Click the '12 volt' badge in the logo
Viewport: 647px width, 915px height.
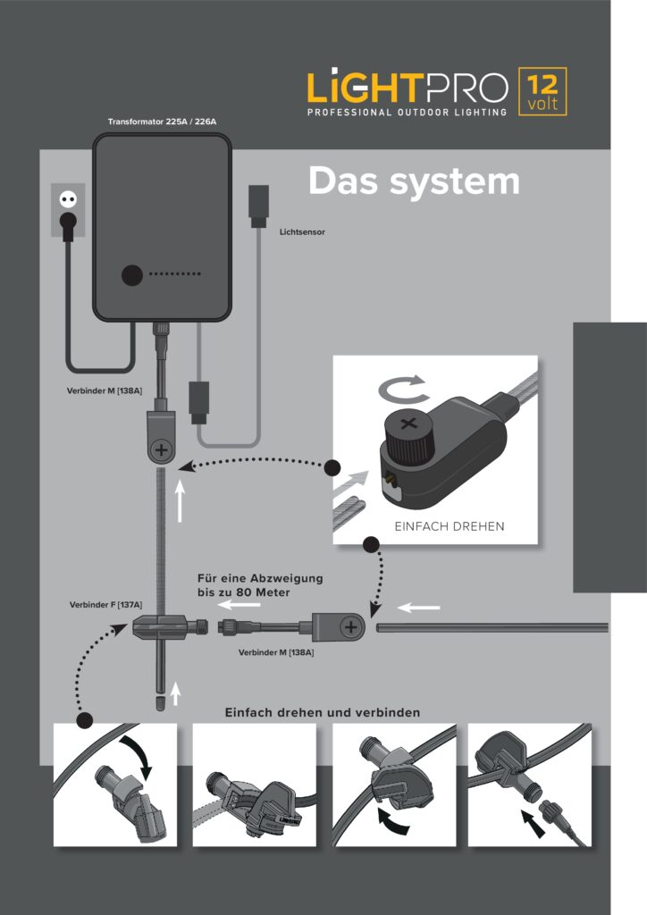[x=542, y=92]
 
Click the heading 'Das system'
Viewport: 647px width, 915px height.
[x=413, y=181]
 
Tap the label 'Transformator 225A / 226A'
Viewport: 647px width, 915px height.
[x=163, y=122]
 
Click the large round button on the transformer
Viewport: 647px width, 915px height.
[x=133, y=275]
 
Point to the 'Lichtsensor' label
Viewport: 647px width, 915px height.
[x=302, y=231]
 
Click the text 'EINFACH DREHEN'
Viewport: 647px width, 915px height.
[x=449, y=526]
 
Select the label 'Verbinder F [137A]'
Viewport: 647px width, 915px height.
[x=105, y=605]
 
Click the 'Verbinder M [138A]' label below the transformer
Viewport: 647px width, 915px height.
[x=105, y=390]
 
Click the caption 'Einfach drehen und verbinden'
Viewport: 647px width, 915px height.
[x=323, y=712]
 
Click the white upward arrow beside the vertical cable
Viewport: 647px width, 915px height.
[x=181, y=504]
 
